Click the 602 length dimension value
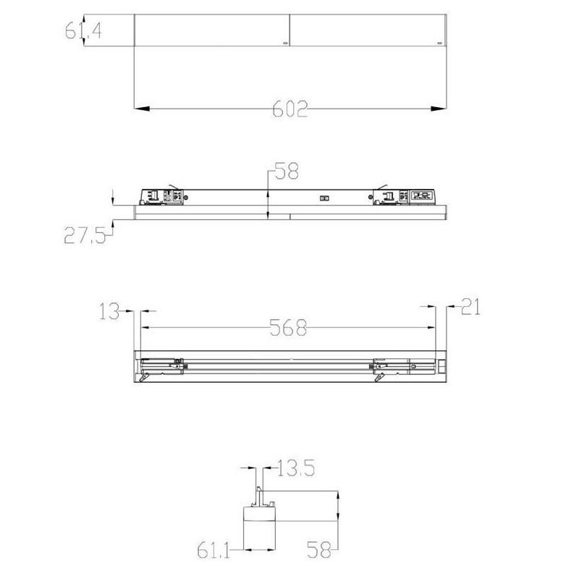pyautogui.click(x=290, y=109)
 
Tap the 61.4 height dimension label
pyautogui.click(x=83, y=30)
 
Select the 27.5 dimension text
pyautogui.click(x=85, y=235)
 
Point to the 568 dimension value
pyautogui.click(x=288, y=328)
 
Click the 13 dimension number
pyautogui.click(x=109, y=311)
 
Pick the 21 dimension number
pyautogui.click(x=470, y=307)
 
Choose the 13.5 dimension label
pyautogui.click(x=295, y=468)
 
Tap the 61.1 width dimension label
pyautogui.click(x=214, y=551)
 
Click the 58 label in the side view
pyautogui.click(x=287, y=171)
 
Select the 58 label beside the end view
pyautogui.click(x=318, y=550)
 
